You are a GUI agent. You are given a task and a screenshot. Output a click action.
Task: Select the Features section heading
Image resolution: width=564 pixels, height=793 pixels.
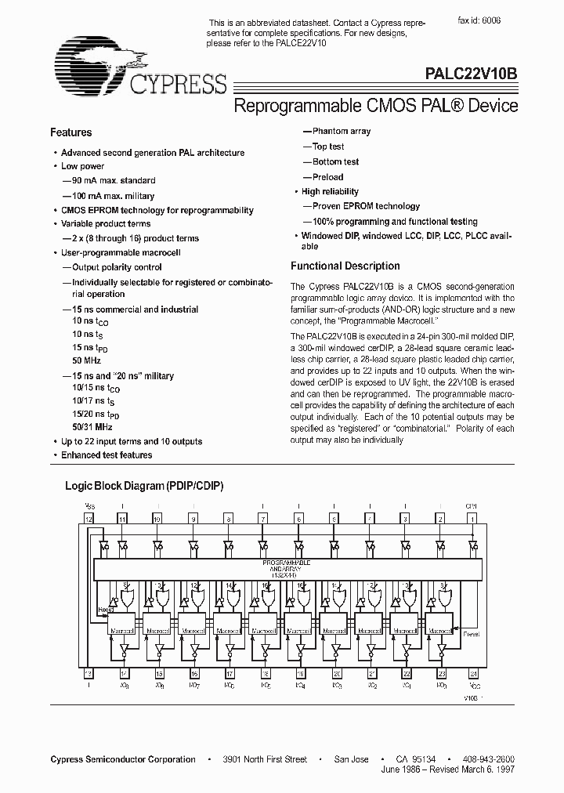coord(70,132)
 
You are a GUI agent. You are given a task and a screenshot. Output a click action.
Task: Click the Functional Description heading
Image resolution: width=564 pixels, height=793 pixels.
coord(345,266)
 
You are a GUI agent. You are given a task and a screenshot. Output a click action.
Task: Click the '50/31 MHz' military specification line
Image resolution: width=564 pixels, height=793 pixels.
coord(92,427)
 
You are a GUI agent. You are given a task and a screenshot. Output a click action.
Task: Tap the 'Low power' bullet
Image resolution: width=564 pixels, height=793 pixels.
coord(82,166)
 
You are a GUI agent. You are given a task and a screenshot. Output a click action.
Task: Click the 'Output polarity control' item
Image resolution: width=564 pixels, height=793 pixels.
coord(117,267)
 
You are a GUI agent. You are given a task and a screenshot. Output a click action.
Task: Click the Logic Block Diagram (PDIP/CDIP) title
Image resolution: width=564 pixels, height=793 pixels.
coord(144,486)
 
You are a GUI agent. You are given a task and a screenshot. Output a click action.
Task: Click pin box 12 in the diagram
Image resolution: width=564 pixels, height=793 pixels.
coord(89,519)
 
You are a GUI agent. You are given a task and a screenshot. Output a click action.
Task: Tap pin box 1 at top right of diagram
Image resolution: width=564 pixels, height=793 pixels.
coord(472,519)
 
